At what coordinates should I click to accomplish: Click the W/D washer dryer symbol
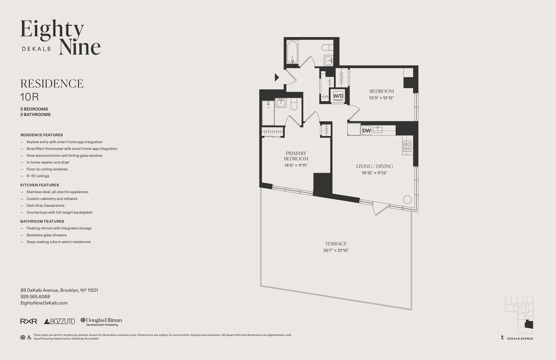pos(338,96)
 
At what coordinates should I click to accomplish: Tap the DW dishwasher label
pos(366,131)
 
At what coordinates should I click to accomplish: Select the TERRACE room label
pos(336,244)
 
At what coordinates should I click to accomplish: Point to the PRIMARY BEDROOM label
pos(296,156)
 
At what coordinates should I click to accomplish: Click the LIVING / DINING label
pos(374,166)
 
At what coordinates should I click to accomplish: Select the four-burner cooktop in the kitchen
pos(407,146)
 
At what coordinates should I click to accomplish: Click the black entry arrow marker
pos(277,77)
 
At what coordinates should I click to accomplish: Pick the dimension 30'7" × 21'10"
pos(336,251)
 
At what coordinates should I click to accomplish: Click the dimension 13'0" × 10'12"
pos(381,98)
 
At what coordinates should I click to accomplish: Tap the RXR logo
pos(29,321)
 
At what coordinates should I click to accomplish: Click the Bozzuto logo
pos(59,321)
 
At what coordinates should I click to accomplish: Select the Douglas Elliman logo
pos(101,322)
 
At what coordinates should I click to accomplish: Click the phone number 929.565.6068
pos(35,297)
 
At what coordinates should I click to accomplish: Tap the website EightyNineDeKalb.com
pos(44,303)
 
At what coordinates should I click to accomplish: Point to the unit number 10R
pos(30,97)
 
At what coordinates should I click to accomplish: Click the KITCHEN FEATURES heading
pos(40,185)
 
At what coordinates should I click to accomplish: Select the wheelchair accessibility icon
pos(29,337)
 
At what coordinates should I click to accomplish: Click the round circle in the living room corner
pos(407,199)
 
